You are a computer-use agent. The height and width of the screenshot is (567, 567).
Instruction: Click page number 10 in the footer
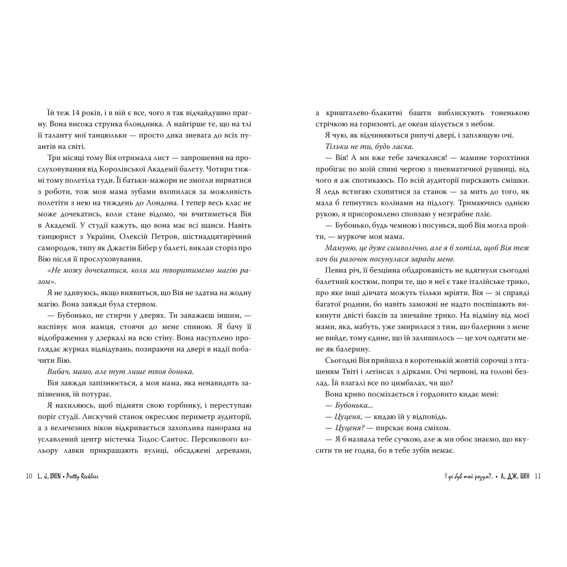(29, 477)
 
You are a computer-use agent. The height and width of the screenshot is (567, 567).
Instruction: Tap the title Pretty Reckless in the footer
(87, 477)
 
